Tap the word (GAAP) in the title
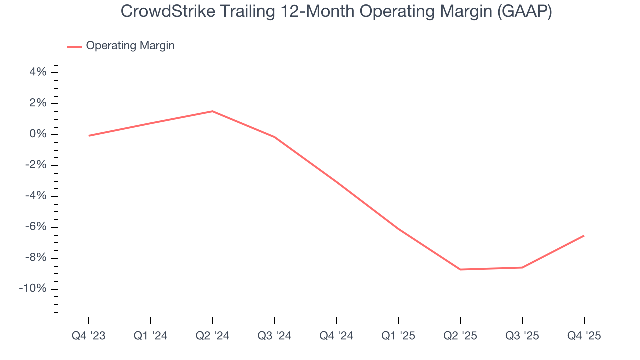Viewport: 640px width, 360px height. point(524,12)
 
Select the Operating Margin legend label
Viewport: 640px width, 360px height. point(130,46)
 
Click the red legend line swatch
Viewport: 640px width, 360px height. point(75,46)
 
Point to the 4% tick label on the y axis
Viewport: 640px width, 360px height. point(38,73)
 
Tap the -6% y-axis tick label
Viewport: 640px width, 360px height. point(35,227)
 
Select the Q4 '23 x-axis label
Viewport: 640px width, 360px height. point(89,336)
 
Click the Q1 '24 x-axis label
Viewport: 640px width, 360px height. point(151,336)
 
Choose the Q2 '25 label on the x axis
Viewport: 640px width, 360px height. point(460,336)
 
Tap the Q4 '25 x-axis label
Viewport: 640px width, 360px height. point(584,336)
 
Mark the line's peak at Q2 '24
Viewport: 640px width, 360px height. point(213,111)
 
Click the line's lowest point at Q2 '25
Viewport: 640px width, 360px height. point(460,270)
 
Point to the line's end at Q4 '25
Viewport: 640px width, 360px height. point(584,236)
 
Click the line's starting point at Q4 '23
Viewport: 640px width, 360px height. point(89,136)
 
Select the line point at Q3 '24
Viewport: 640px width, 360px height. point(274,137)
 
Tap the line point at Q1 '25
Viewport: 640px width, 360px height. point(398,229)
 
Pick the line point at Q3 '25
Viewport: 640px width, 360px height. point(522,268)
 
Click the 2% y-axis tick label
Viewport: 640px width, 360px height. point(38,103)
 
